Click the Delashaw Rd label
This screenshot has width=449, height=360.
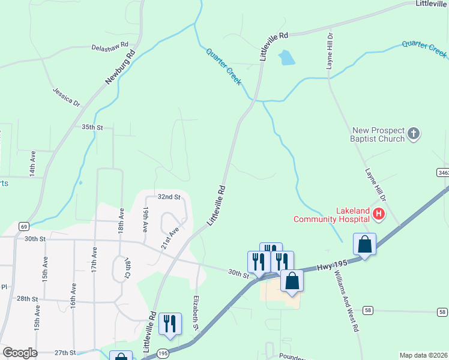coord(110,46)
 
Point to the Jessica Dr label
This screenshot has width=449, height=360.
coord(66,97)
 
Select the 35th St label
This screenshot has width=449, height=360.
coord(93,128)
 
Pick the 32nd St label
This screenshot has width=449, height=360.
coord(169,197)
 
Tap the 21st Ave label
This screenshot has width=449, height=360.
coord(170,239)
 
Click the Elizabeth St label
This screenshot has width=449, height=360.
coord(196,313)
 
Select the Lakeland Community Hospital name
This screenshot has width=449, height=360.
coord(331,215)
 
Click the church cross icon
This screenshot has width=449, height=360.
coord(414,133)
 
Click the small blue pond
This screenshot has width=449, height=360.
coord(286,58)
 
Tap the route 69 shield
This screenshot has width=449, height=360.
coord(24,226)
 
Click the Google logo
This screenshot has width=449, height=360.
coord(20,353)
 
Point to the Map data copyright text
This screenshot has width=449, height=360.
coord(423,355)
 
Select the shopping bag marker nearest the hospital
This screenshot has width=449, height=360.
coord(364,245)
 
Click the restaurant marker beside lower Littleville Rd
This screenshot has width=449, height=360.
coord(170,324)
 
